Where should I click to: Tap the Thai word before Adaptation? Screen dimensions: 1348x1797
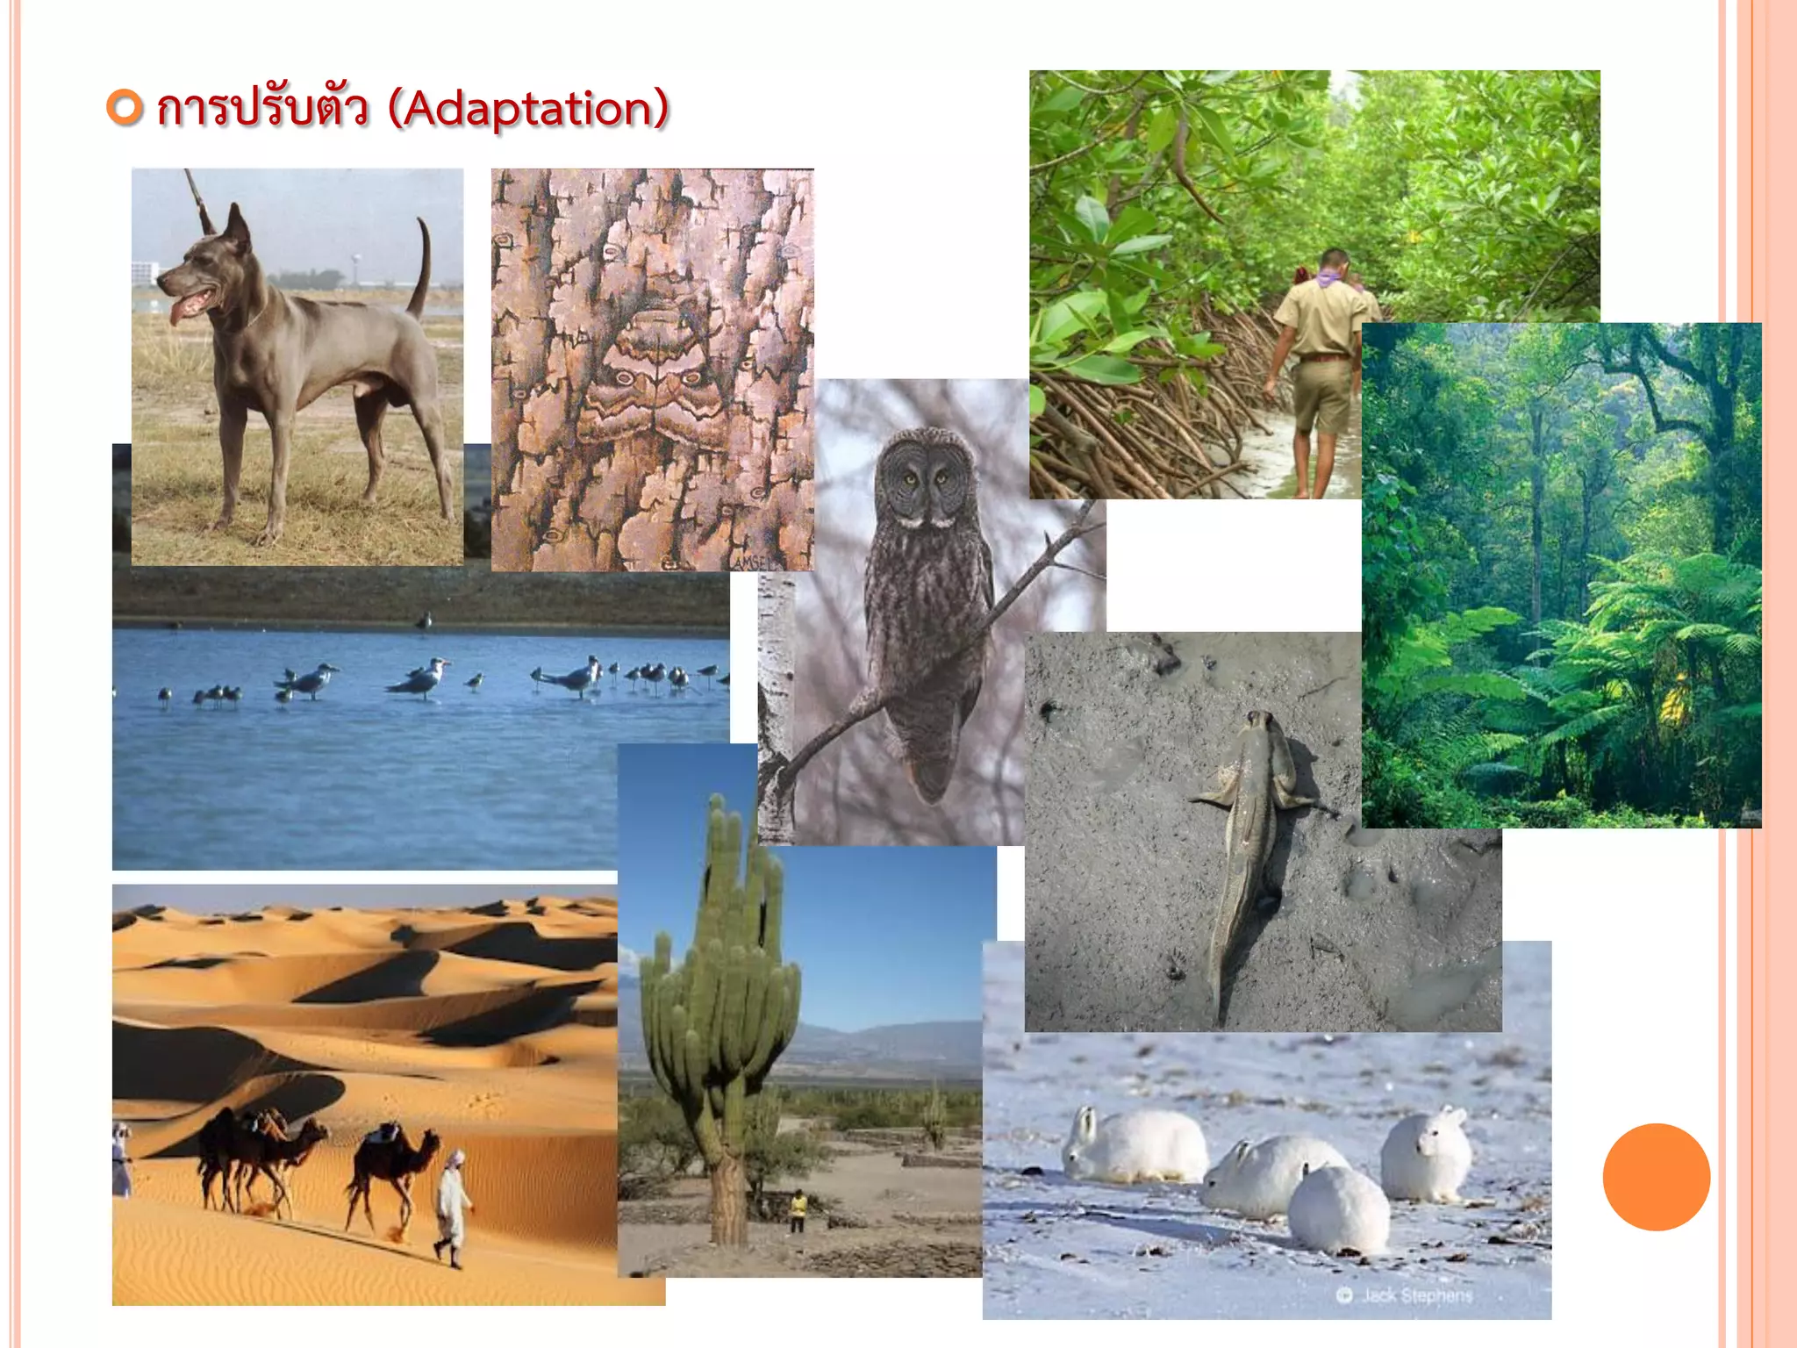point(261,110)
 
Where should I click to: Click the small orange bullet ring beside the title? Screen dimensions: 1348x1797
point(125,107)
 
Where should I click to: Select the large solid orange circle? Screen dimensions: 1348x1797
point(1656,1177)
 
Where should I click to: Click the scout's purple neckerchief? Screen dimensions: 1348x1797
point(1330,280)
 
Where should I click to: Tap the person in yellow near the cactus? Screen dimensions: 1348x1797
point(798,1209)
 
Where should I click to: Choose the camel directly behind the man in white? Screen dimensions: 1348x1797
point(391,1163)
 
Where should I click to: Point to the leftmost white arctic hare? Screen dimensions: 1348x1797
point(1132,1145)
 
